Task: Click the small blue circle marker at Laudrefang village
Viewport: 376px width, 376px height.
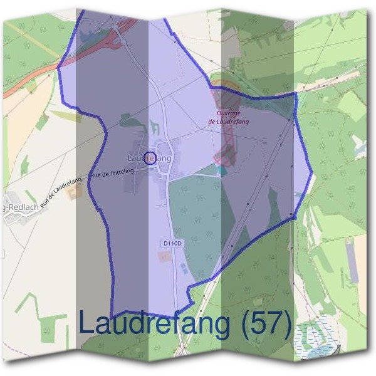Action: (149, 157)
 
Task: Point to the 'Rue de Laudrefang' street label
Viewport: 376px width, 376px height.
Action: (61, 192)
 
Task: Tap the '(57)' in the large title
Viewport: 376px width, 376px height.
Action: (263, 324)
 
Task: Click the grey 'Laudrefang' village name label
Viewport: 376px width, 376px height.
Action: (149, 159)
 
